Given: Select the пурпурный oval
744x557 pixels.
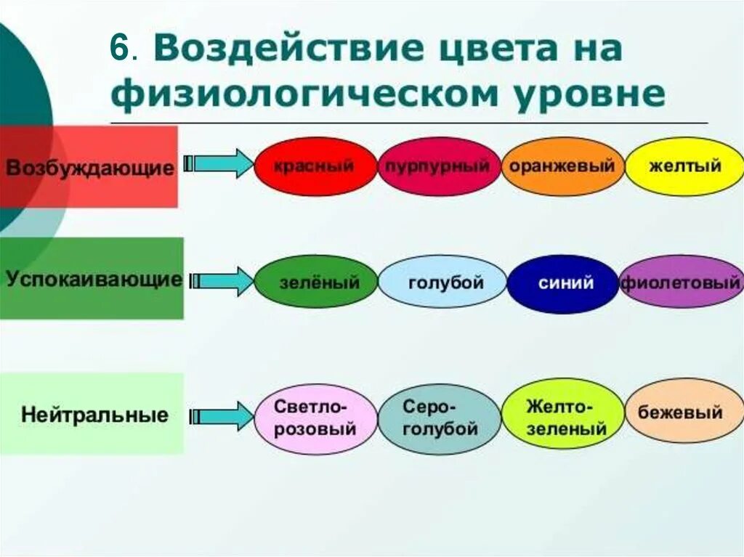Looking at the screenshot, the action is click(439, 166).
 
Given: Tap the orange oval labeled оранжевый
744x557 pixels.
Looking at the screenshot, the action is click(562, 166).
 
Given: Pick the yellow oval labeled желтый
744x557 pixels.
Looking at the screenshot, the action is click(684, 166).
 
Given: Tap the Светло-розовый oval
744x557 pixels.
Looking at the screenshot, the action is click(315, 418).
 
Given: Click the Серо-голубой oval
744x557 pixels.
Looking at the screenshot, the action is click(439, 418).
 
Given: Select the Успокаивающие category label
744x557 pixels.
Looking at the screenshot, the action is click(93, 280).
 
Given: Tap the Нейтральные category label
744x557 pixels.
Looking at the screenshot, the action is click(94, 415).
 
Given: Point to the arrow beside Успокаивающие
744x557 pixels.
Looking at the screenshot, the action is click(219, 280).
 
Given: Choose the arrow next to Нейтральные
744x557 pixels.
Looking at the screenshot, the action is click(219, 415).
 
